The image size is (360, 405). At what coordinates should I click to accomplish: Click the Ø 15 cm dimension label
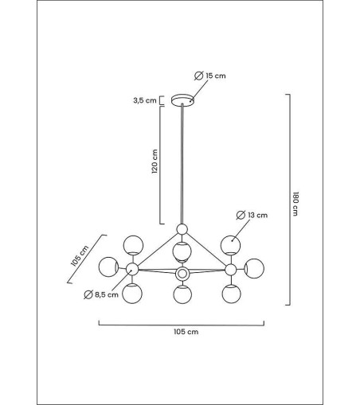click(210, 76)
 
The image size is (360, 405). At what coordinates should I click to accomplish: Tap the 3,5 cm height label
click(145, 100)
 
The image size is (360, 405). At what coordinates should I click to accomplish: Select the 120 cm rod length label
click(155, 162)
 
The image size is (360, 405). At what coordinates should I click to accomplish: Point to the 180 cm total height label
click(295, 204)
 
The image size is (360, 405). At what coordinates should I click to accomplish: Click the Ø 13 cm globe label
click(252, 215)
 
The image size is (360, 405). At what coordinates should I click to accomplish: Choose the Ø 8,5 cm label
click(101, 294)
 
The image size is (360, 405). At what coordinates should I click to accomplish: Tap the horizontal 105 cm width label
click(186, 332)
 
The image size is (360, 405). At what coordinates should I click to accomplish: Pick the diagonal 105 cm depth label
click(80, 256)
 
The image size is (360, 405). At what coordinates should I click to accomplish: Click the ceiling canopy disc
click(182, 100)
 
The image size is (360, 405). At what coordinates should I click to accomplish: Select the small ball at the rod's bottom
click(182, 229)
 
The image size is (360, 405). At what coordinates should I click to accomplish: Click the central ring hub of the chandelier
click(182, 274)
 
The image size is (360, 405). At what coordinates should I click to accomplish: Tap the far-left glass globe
click(108, 267)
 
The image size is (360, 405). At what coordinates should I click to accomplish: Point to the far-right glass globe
click(254, 268)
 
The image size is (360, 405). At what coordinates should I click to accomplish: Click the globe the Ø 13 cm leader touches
click(231, 245)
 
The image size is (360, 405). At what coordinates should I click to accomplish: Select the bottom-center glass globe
click(182, 294)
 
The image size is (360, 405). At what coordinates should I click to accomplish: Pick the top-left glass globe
click(133, 245)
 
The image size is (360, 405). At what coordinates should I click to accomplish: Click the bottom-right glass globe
click(231, 294)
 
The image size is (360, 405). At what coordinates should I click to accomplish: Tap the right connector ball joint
click(231, 270)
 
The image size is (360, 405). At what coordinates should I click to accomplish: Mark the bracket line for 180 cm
click(289, 200)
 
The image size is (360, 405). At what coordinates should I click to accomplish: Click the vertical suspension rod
click(182, 164)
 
